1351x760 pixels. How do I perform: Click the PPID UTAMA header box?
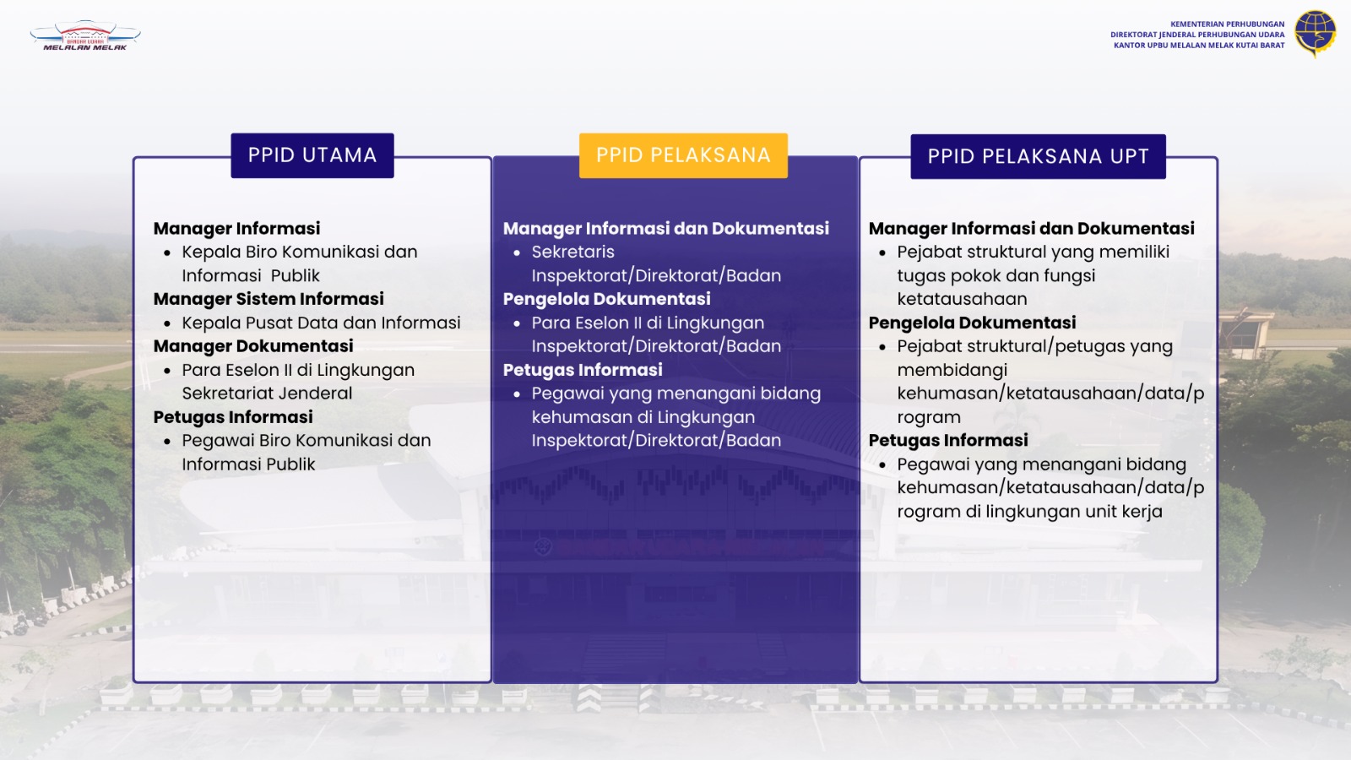point(312,155)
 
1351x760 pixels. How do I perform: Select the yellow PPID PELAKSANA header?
point(683,155)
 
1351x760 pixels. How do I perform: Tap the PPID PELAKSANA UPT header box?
point(1038,156)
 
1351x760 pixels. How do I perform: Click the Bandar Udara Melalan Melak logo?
point(85,35)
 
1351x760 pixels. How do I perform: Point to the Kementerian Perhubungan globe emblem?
point(1316,33)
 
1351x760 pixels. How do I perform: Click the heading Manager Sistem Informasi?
point(269,299)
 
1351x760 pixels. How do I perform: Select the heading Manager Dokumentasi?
point(253,346)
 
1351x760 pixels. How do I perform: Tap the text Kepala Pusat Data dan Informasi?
point(321,323)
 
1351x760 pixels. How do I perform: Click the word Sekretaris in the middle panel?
point(573,252)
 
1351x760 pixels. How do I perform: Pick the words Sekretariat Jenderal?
point(267,394)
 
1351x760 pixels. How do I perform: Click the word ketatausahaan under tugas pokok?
point(962,299)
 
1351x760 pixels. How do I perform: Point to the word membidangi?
point(952,370)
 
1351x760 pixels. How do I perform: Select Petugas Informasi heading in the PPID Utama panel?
point(233,417)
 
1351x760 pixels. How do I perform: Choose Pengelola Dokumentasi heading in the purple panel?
point(607,299)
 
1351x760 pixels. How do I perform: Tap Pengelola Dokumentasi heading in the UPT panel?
point(972,323)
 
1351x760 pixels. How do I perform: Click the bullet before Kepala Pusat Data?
point(167,324)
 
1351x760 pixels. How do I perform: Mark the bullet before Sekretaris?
point(517,253)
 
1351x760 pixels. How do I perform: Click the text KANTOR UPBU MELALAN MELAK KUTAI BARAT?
point(1199,46)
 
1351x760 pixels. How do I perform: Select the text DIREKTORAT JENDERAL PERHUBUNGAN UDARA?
point(1198,35)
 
